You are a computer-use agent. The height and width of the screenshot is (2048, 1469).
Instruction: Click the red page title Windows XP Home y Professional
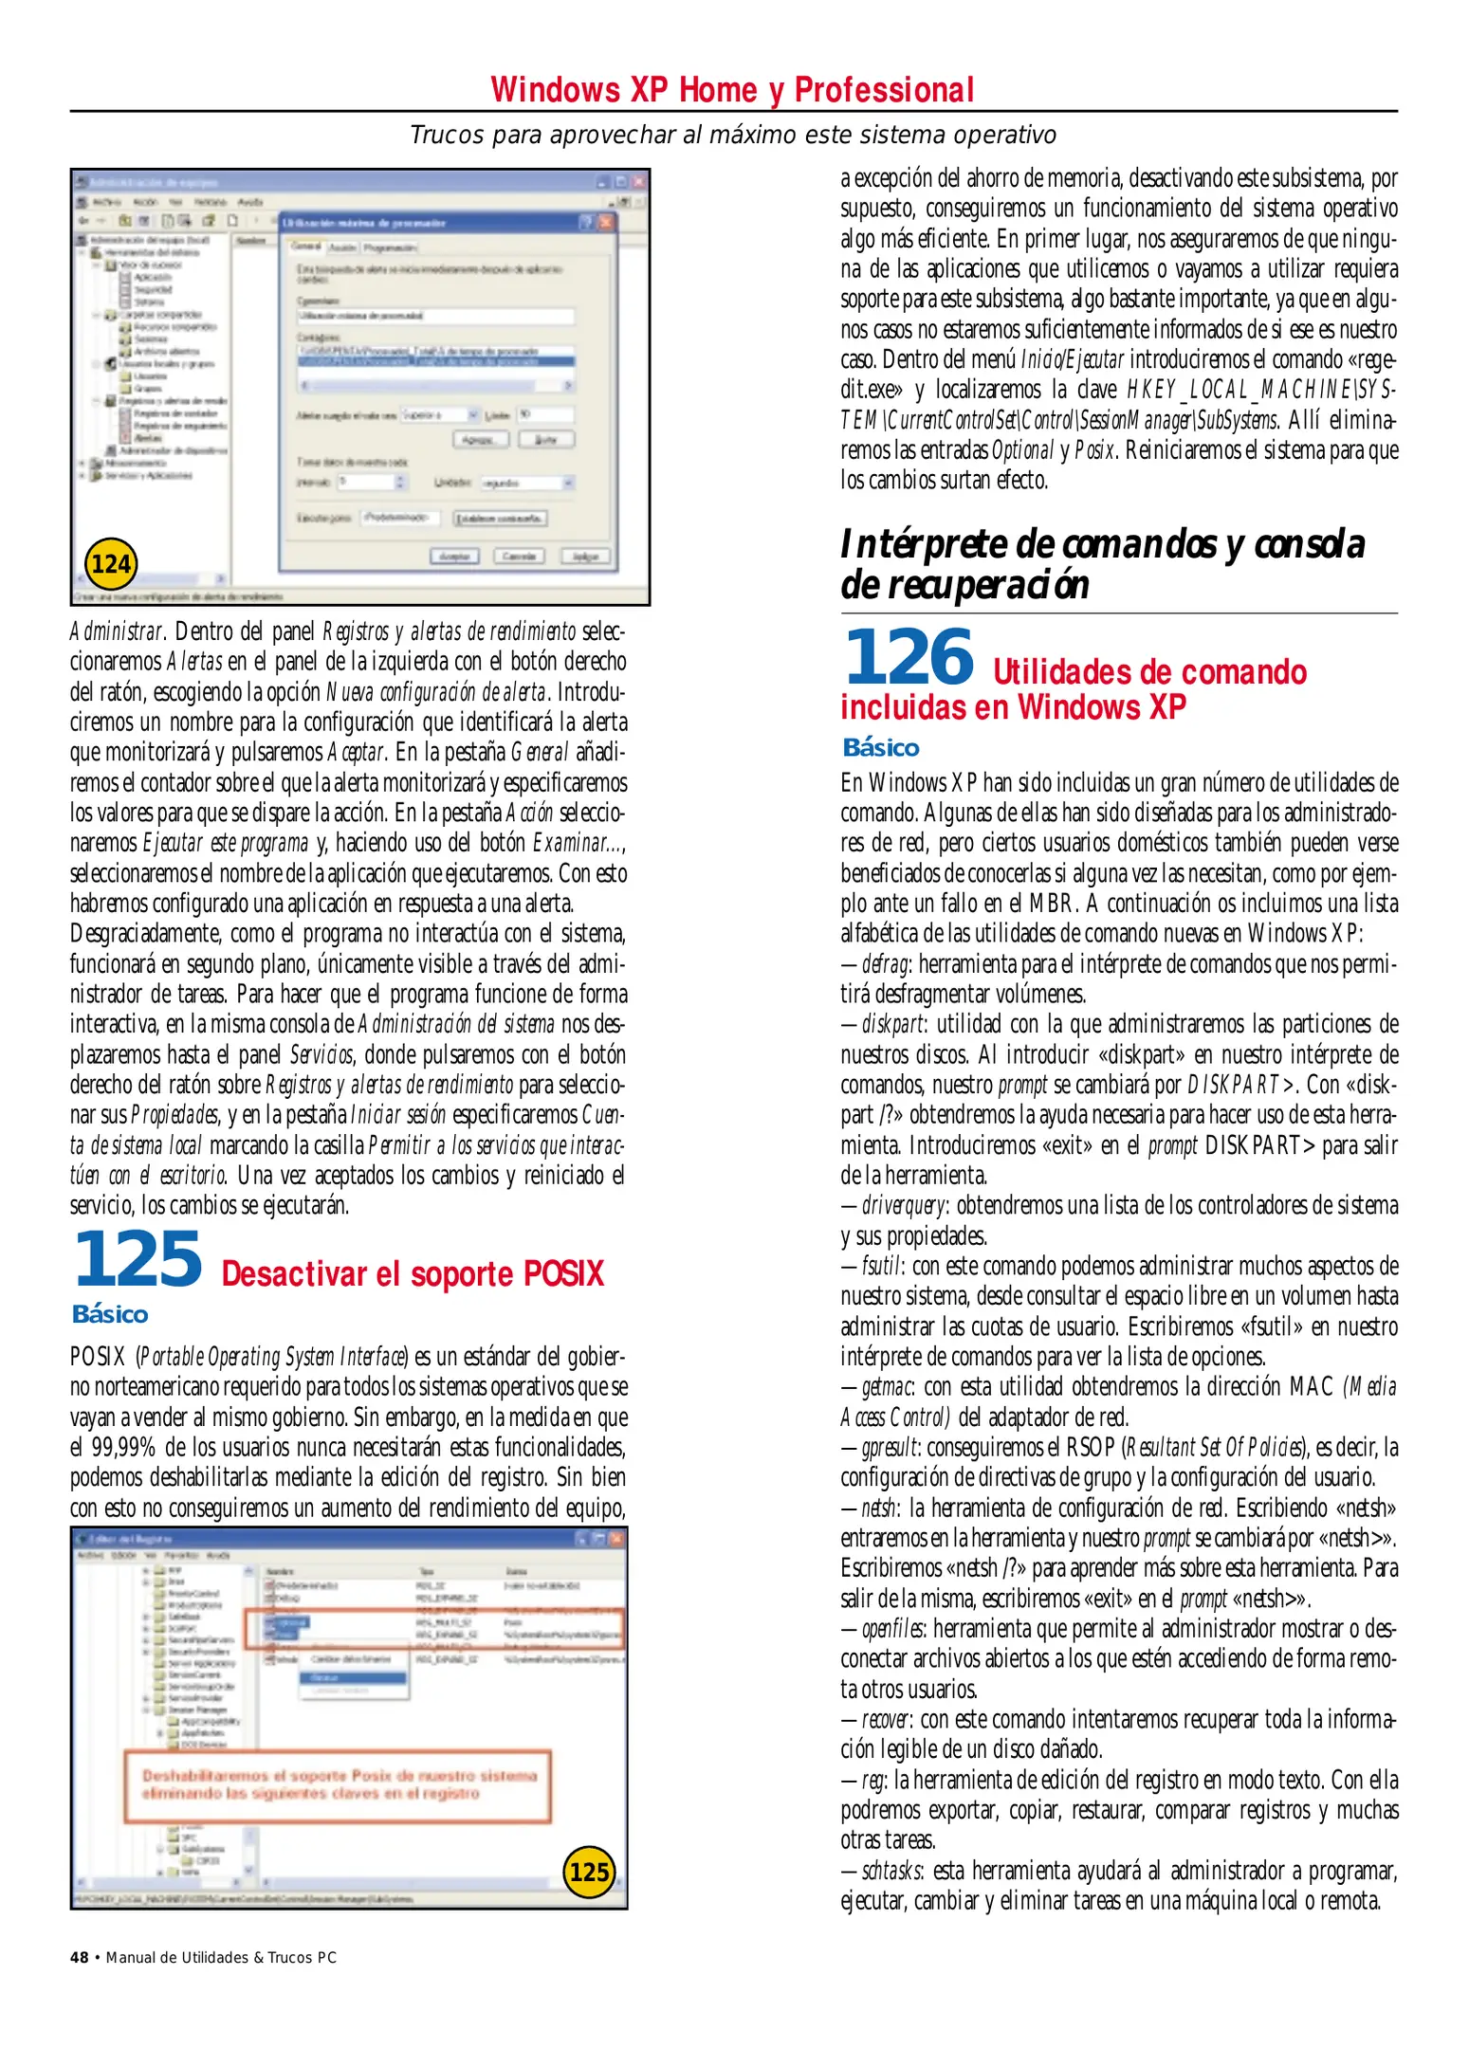click(732, 90)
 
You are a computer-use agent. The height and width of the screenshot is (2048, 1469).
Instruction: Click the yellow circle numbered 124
click(111, 564)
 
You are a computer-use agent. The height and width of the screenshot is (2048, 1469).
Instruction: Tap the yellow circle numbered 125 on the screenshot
click(589, 1872)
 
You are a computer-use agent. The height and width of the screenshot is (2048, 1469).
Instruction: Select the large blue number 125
click(138, 1259)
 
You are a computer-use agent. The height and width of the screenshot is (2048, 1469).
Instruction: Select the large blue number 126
click(909, 657)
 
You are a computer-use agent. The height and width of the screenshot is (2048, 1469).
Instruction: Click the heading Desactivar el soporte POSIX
click(413, 1273)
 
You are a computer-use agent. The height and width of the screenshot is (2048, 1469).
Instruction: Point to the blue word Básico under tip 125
click(110, 1314)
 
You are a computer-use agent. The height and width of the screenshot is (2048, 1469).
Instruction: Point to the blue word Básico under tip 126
click(881, 748)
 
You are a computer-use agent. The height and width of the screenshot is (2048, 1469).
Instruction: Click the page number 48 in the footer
click(80, 1957)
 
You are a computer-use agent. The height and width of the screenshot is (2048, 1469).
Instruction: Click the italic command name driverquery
click(904, 1206)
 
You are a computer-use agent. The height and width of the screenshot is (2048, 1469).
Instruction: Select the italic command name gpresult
click(891, 1448)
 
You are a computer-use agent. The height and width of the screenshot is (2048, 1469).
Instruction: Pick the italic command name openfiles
click(893, 1629)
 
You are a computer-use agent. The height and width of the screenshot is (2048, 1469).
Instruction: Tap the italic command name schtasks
click(892, 1871)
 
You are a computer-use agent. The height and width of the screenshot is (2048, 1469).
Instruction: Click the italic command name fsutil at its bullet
click(882, 1267)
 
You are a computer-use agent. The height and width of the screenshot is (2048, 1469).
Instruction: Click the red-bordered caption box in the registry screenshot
click(339, 1785)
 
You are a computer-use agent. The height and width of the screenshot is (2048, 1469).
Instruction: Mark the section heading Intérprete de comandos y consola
click(1102, 544)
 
